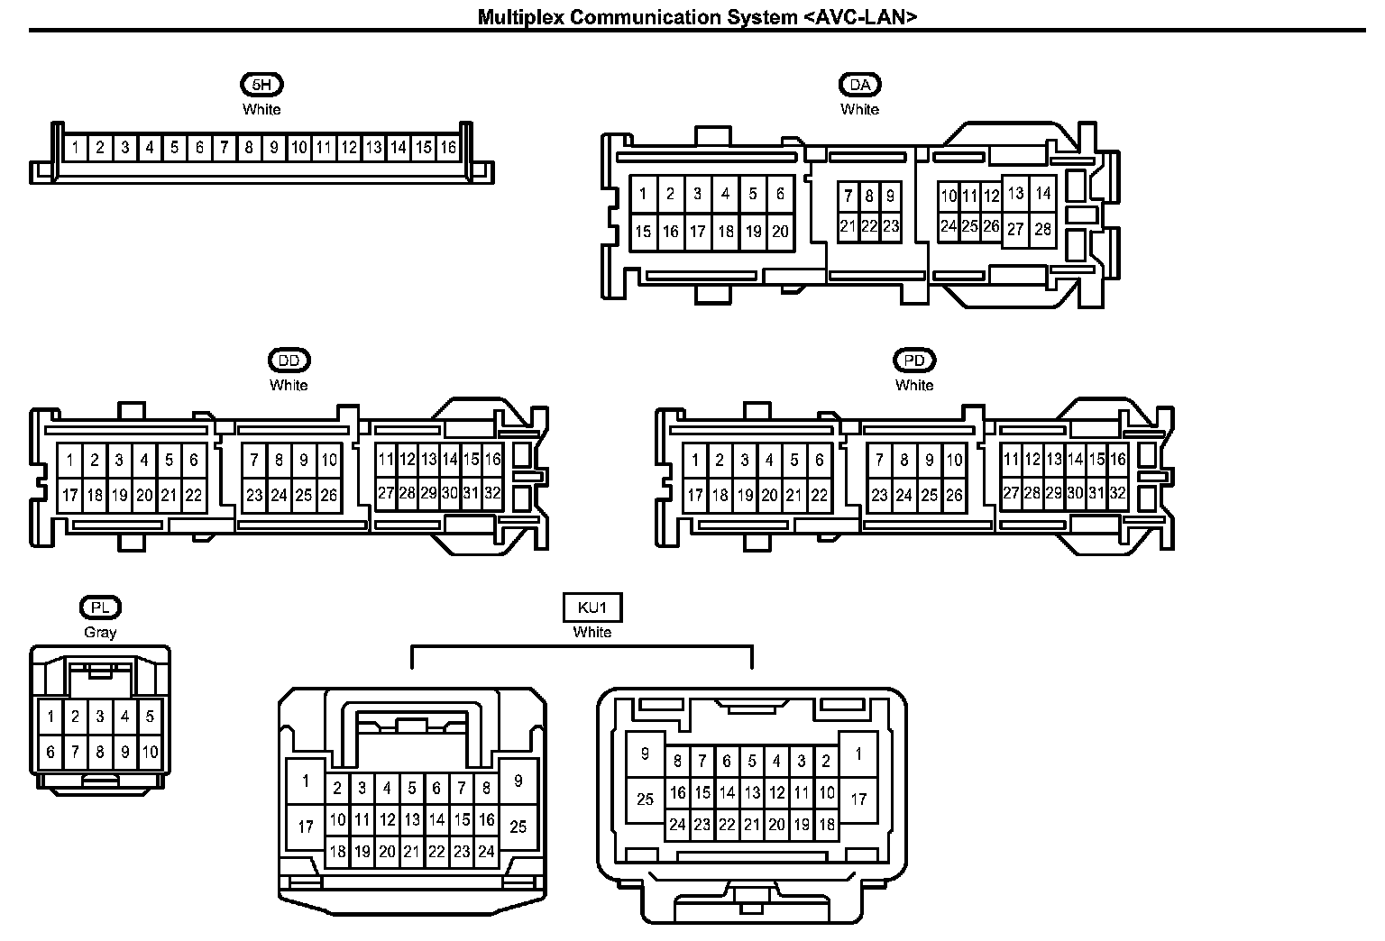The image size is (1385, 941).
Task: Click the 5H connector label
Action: [x=261, y=85]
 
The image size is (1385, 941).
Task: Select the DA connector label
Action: [x=859, y=85]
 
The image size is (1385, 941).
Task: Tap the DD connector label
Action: [x=289, y=361]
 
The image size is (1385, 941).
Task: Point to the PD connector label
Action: [x=914, y=361]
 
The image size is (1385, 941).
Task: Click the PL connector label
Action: [x=100, y=608]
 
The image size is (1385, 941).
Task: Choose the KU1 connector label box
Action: [x=592, y=608]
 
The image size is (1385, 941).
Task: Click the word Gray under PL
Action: [x=100, y=632]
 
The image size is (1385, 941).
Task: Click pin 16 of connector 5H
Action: [x=448, y=148]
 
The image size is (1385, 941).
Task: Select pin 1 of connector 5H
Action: [x=76, y=148]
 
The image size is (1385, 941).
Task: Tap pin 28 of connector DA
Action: [x=1043, y=229]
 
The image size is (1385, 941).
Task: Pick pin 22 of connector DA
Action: [x=869, y=226]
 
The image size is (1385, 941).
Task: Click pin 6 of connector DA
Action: [x=780, y=194]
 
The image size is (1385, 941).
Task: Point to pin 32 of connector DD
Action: [x=492, y=493]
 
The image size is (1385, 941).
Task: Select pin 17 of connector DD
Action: [x=69, y=495]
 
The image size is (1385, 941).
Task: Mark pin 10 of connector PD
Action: [x=954, y=461]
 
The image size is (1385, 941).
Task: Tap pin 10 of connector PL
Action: [x=150, y=752]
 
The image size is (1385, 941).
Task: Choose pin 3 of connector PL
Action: [x=100, y=717]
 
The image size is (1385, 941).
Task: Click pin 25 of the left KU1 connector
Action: [x=518, y=826]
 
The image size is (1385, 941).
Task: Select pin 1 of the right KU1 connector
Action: [x=858, y=754]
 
